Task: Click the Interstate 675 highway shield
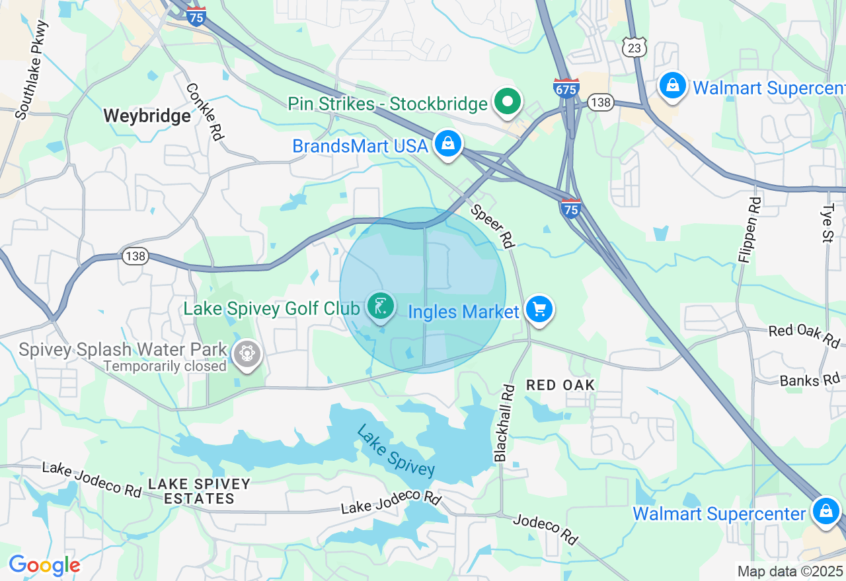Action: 566,88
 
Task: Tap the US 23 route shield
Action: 633,46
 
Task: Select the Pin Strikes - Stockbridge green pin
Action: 508,102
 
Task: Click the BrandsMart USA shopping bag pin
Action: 447,143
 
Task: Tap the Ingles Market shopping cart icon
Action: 539,309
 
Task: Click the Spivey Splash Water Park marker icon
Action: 247,353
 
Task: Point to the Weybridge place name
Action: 147,116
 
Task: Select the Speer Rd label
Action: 492,226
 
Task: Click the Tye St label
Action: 828,222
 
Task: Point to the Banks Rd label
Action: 810,381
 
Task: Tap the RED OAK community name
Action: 560,385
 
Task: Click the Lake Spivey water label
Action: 395,450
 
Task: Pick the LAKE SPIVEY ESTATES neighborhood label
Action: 199,491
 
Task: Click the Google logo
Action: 44,565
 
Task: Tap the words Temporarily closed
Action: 165,366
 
